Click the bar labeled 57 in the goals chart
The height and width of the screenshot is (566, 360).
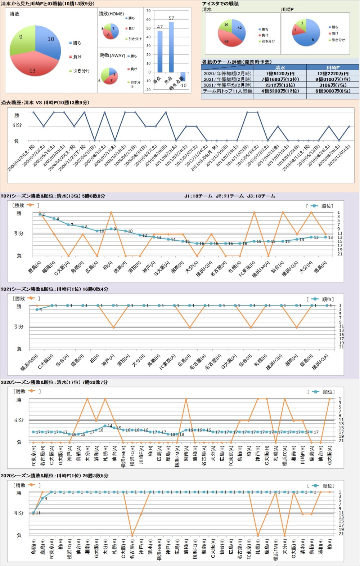[x=171, y=47]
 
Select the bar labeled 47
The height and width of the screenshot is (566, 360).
[x=160, y=52]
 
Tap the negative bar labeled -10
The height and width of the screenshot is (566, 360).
[x=183, y=76]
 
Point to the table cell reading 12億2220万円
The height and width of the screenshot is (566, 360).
[x=333, y=73]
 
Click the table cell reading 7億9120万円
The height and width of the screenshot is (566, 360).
[x=280, y=73]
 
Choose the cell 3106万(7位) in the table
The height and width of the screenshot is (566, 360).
[x=333, y=85]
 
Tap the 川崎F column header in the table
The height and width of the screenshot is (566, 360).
[x=333, y=67]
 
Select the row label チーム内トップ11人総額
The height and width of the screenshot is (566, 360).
[x=228, y=91]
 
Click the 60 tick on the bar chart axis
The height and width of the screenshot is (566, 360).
[x=148, y=19]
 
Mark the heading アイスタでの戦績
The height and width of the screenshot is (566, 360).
[x=220, y=4]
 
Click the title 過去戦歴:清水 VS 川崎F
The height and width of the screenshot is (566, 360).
[x=45, y=103]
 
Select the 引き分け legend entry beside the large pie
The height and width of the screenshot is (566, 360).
[x=81, y=71]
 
